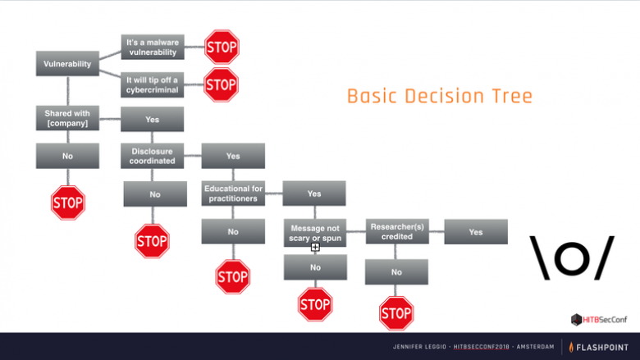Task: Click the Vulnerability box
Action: [67, 64]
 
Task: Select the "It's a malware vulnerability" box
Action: [153, 47]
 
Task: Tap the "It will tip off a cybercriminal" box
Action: [153, 84]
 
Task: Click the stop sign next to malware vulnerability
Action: [222, 47]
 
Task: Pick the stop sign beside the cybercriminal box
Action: [221, 84]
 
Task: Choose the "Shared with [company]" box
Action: [67, 118]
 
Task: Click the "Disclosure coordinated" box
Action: [153, 156]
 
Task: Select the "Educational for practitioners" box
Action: [233, 194]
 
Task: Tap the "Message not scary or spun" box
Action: [315, 233]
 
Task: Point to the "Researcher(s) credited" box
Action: [397, 231]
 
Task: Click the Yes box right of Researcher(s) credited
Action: [476, 232]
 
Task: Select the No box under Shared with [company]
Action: [67, 156]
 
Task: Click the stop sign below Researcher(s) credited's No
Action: [396, 313]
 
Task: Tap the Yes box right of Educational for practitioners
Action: [314, 194]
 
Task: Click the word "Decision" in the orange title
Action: [442, 97]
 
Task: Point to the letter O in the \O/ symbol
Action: [572, 257]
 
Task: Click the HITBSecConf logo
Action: [599, 320]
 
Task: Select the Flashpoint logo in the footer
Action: [599, 348]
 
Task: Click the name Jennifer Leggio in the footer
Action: [419, 347]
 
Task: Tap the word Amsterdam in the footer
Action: [535, 347]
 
